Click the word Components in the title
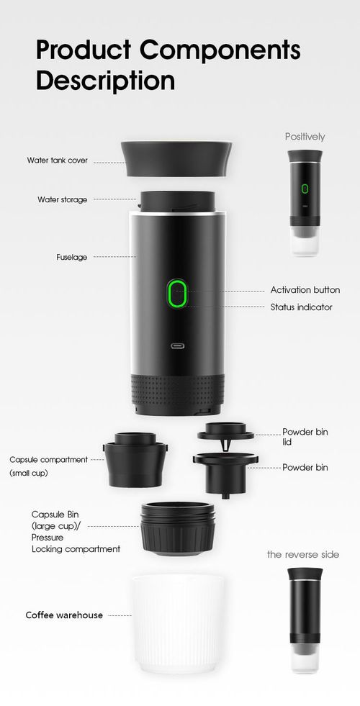tap(220, 52)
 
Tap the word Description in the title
tap(105, 80)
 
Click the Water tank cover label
tap(58, 160)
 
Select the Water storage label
tap(63, 199)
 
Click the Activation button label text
tap(305, 290)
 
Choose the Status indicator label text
tap(301, 307)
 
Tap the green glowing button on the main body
tap(176, 294)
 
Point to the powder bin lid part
tap(226, 432)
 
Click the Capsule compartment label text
tap(48, 459)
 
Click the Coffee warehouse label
tap(64, 615)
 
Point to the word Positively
tap(305, 136)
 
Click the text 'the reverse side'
tap(302, 554)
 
